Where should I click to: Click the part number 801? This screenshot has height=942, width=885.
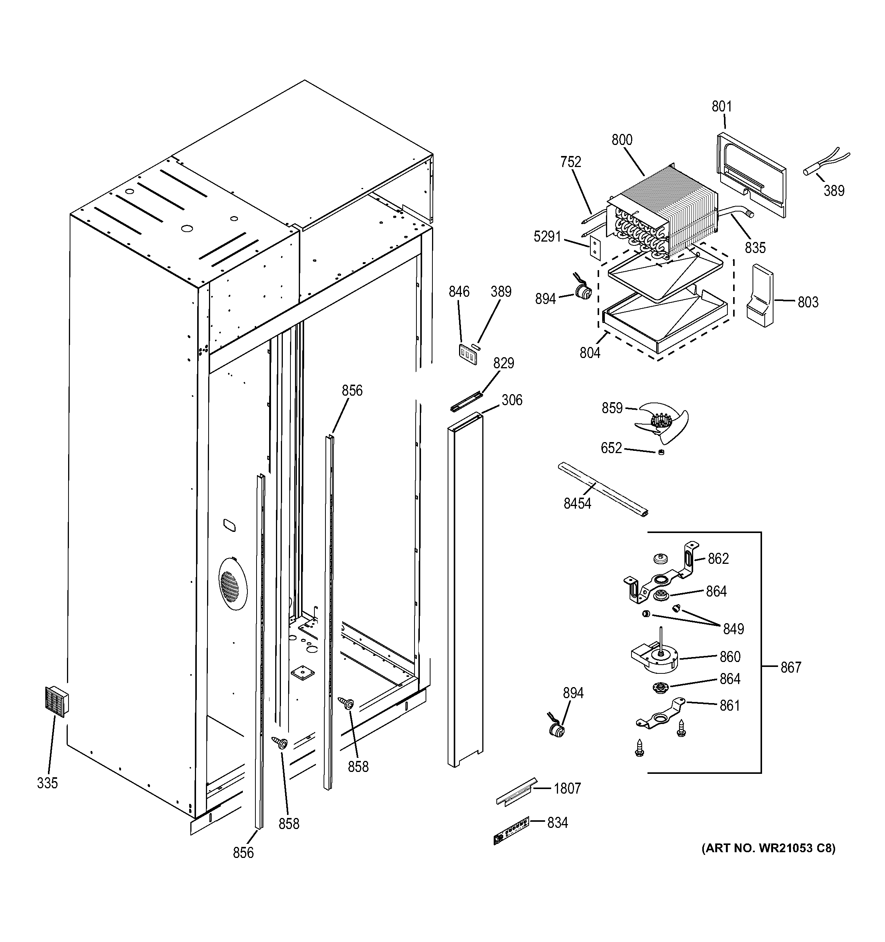721,107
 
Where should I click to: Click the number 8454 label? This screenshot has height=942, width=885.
577,503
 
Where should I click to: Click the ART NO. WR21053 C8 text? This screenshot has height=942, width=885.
769,848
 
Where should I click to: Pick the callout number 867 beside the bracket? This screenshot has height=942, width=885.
790,667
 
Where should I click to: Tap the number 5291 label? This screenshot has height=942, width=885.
547,236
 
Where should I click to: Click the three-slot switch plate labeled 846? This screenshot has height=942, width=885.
467,353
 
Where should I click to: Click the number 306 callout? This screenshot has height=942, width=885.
512,400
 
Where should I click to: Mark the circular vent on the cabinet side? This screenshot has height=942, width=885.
233,581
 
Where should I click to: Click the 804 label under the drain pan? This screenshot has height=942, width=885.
590,353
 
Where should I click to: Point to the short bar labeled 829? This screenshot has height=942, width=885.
466,401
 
